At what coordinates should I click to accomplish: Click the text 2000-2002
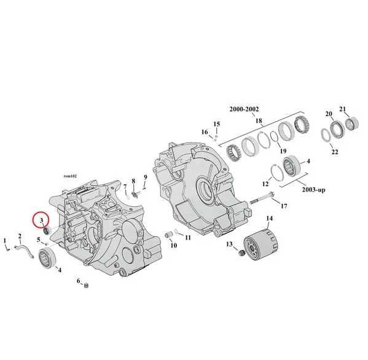pos(244,109)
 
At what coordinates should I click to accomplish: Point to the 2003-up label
pos(313,189)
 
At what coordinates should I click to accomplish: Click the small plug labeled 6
pos(86,286)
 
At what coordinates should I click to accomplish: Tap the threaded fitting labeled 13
pos(241,253)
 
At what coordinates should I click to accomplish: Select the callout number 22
pos(335,152)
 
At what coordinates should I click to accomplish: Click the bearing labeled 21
pos(352,123)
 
